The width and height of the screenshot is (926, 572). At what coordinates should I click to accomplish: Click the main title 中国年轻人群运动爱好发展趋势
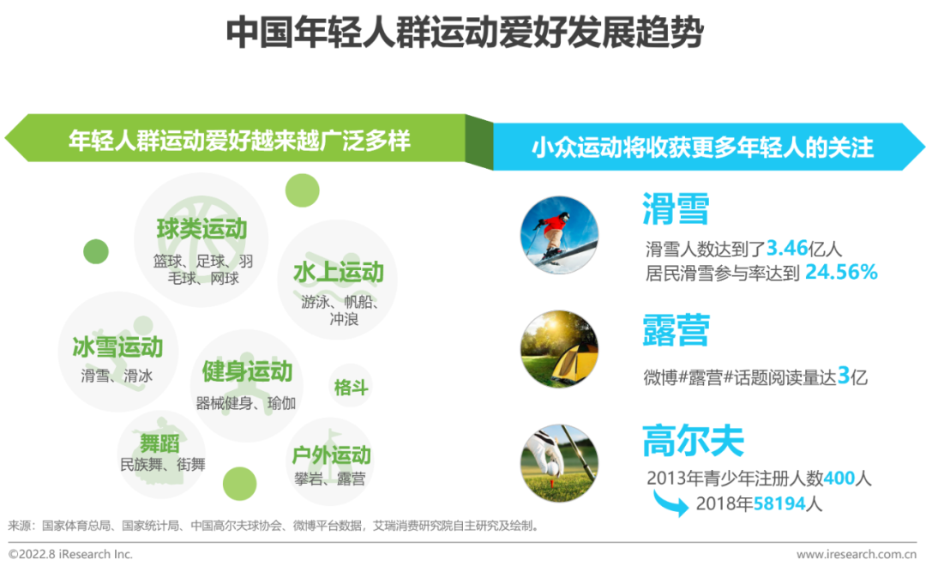(465, 33)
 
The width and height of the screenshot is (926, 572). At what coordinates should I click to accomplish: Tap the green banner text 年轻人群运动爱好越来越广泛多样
(239, 141)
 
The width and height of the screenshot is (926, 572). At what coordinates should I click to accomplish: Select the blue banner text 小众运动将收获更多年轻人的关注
(702, 148)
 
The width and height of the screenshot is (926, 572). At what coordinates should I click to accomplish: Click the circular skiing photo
(559, 235)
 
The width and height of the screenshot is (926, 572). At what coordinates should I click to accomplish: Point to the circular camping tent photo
(559, 349)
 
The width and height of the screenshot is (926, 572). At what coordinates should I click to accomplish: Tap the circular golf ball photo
(559, 463)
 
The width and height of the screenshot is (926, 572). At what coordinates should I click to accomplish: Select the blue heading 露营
(676, 330)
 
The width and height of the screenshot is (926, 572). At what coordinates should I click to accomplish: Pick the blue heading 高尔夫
(693, 441)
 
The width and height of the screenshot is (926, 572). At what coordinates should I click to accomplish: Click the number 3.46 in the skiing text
(786, 248)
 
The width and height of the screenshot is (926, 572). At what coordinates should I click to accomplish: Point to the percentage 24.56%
(841, 272)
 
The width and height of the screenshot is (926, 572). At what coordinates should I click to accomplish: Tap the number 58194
(779, 503)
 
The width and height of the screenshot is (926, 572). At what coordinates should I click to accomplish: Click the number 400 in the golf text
(839, 478)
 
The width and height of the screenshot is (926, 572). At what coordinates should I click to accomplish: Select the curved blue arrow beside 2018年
(670, 505)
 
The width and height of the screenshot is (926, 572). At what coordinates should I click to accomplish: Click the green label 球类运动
(201, 229)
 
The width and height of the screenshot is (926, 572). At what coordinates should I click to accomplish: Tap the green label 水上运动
(339, 273)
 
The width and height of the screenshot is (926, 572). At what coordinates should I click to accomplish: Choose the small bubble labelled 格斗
(351, 387)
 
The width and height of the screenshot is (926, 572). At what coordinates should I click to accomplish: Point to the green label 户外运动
(331, 455)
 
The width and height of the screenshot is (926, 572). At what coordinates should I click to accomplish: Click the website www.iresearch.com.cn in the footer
(857, 554)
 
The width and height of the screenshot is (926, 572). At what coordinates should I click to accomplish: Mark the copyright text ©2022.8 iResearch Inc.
(70, 554)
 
